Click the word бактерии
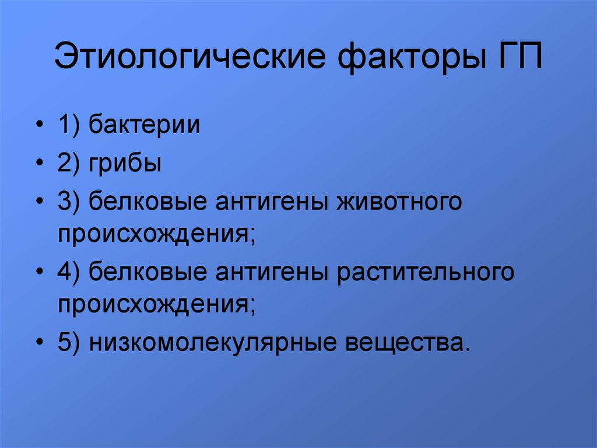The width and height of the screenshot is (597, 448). pos(145,126)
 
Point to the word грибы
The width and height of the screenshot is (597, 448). pos(125,164)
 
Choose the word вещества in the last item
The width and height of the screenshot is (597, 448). pos(408,342)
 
